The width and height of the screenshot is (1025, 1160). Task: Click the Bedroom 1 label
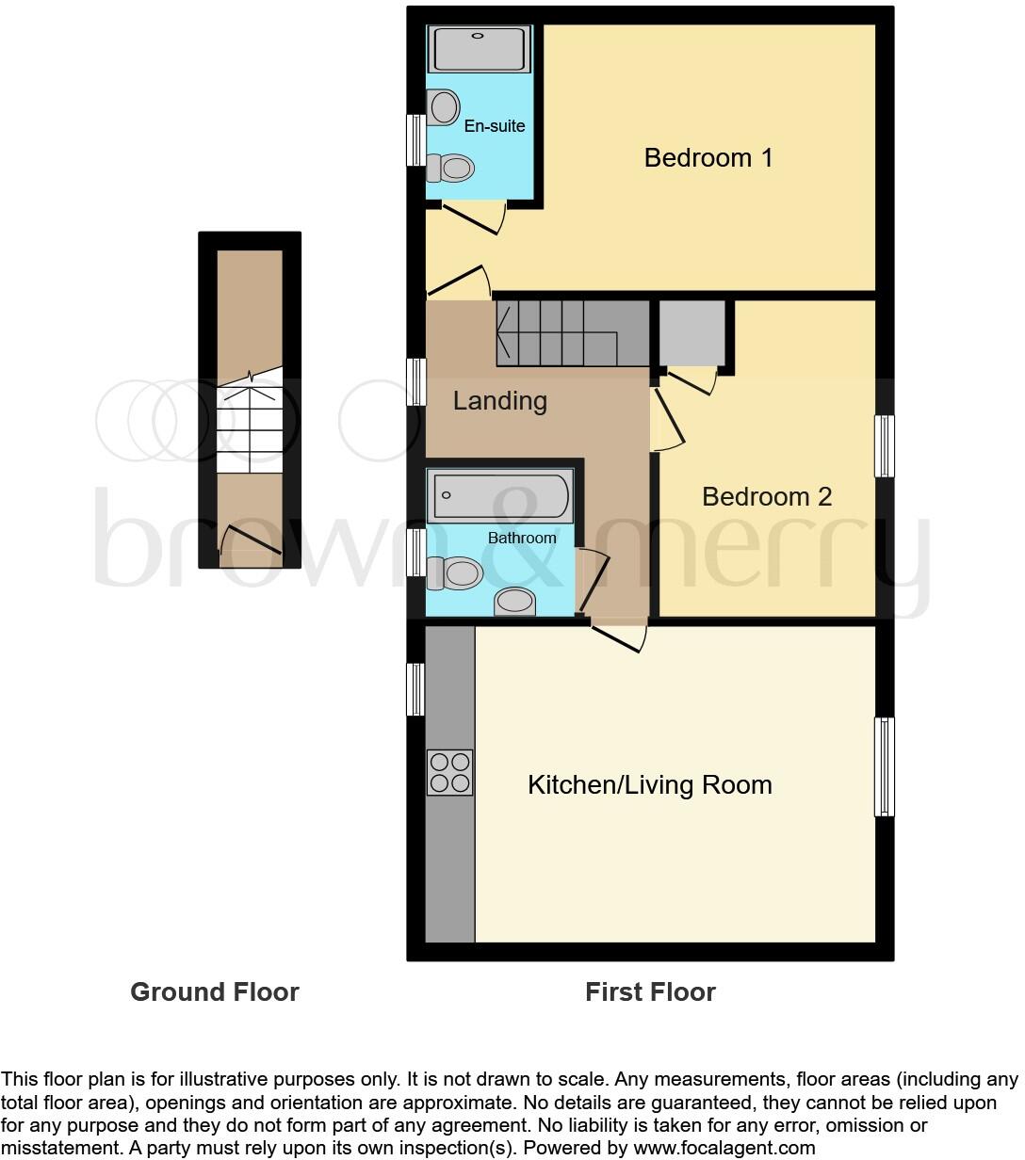708,157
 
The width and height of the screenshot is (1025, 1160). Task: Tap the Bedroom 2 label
767,496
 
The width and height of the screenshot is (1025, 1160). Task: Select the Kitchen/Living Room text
649,784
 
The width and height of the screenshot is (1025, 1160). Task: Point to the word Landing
499,401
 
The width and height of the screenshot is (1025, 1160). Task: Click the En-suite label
495,126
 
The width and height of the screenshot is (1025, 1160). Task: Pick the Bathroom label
521,538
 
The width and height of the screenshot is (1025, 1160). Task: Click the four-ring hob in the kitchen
449,772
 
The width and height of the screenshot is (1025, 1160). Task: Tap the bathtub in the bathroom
500,495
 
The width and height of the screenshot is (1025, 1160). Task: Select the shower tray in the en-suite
480,49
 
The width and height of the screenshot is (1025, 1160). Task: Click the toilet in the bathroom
456,572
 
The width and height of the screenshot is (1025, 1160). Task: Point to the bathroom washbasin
514,602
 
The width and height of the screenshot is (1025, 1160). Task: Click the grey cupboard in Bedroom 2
692,332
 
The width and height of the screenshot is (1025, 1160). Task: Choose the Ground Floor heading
214,991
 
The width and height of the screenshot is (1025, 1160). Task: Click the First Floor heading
650,991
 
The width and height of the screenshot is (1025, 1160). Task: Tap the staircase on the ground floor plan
250,424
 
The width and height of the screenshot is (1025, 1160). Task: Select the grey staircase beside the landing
570,331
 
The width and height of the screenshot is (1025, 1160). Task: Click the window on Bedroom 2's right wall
884,446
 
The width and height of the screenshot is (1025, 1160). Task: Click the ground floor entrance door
251,540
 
